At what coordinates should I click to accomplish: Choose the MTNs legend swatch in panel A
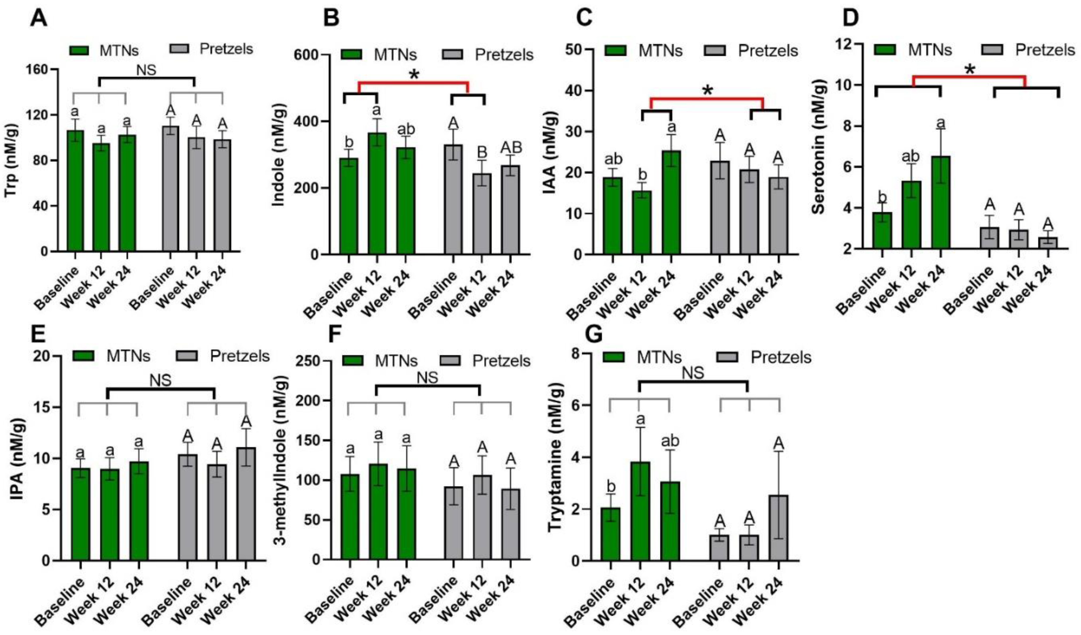pyautogui.click(x=79, y=51)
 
